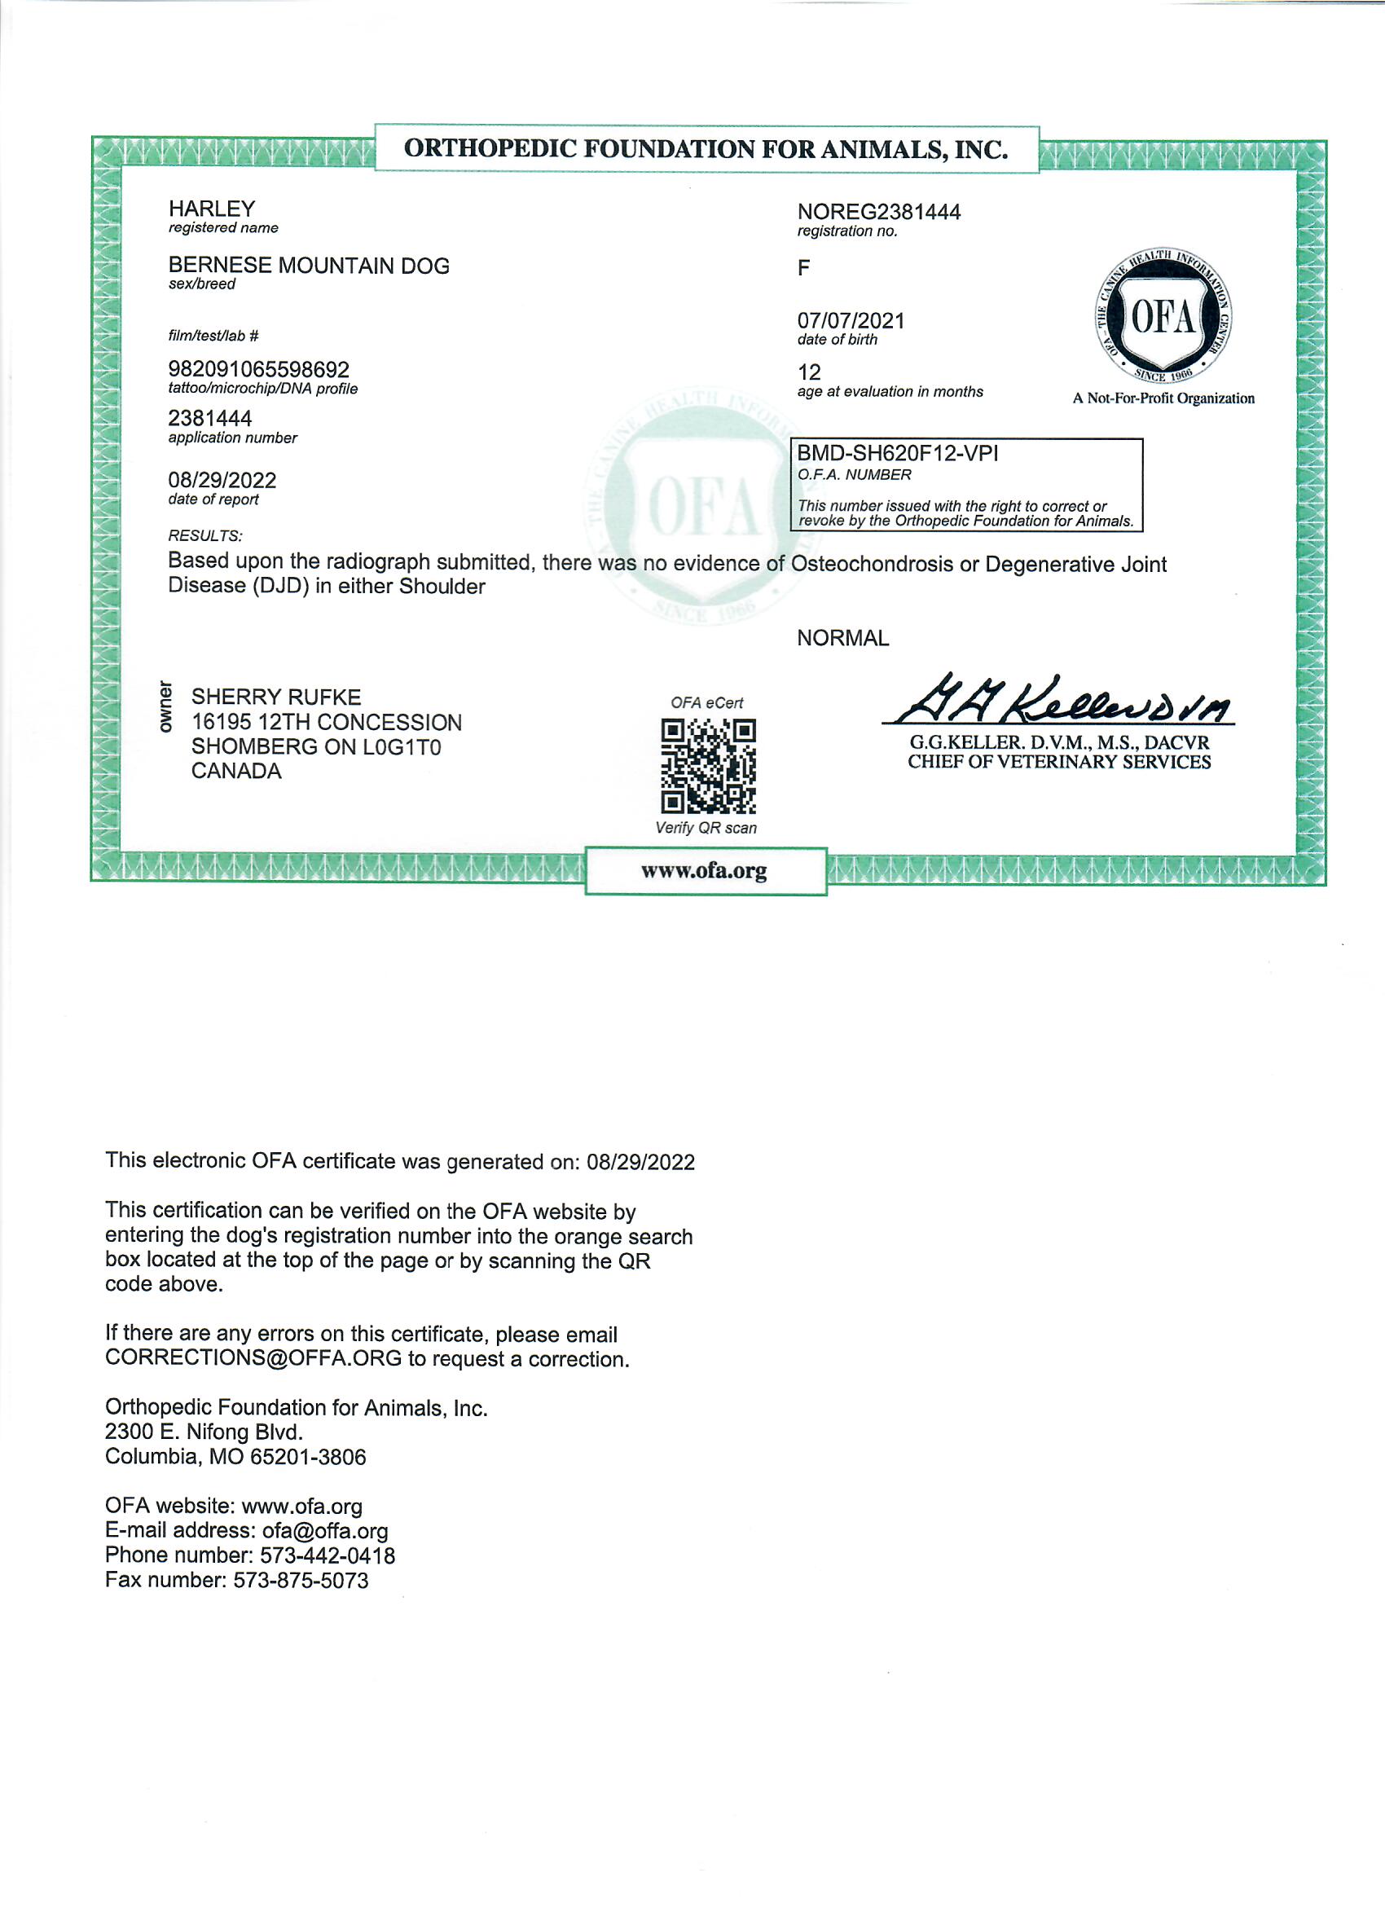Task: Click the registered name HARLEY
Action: coord(211,209)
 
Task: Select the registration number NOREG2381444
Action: coord(878,212)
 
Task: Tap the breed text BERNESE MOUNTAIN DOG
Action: coord(308,266)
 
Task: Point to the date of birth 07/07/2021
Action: coord(851,320)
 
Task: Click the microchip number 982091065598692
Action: coord(259,370)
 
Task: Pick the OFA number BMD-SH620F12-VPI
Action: coord(897,454)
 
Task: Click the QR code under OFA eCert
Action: coord(708,765)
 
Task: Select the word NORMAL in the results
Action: coord(842,638)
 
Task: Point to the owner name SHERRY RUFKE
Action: coord(276,697)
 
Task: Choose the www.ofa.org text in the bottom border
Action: coord(704,870)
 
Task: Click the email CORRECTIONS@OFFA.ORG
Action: coord(253,1359)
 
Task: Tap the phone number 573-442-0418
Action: coord(327,1555)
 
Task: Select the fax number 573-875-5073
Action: coord(301,1580)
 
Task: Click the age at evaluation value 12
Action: coord(809,372)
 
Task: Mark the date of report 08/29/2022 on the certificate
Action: coord(222,481)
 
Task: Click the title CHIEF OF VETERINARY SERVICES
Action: coord(1058,762)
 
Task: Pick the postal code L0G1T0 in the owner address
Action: coord(402,746)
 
